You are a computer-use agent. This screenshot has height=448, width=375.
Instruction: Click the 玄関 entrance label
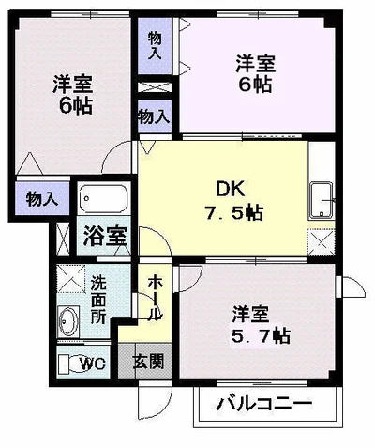coord(146,361)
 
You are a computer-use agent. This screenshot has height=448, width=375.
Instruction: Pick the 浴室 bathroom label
coord(103,236)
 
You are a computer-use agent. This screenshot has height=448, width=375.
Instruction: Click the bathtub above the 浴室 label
coord(103,200)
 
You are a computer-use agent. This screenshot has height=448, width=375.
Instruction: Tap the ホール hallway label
coord(155,296)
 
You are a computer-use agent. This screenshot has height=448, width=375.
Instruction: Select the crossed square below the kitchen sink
coord(321,243)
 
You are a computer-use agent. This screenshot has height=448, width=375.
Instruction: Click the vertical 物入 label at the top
coord(154,43)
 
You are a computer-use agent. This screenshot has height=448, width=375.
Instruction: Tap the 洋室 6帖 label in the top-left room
coord(71,92)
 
